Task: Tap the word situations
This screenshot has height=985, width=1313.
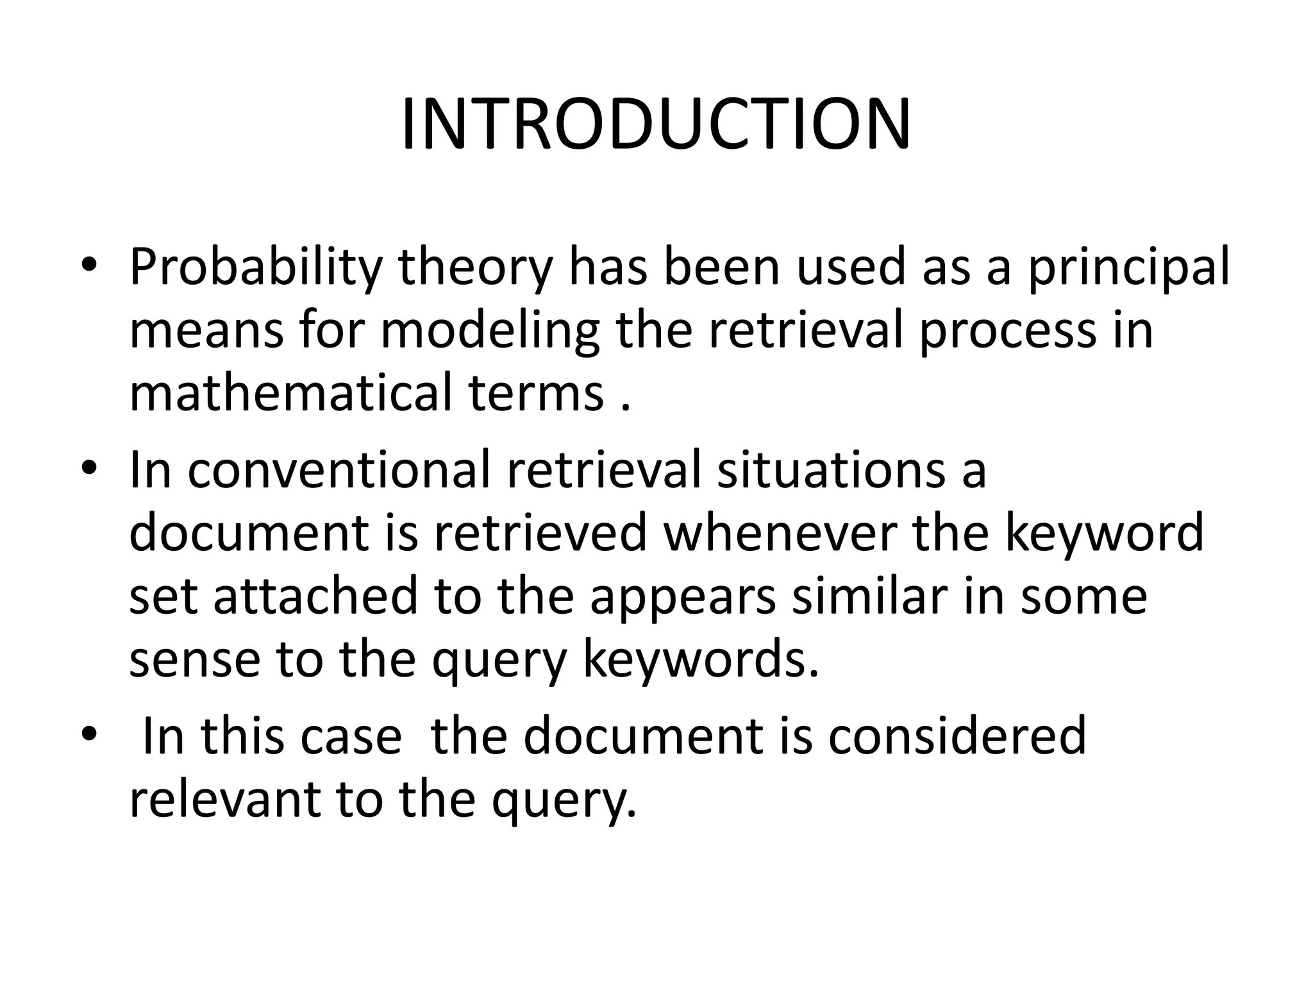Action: pos(830,471)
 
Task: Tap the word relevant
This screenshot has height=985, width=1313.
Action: pos(224,800)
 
